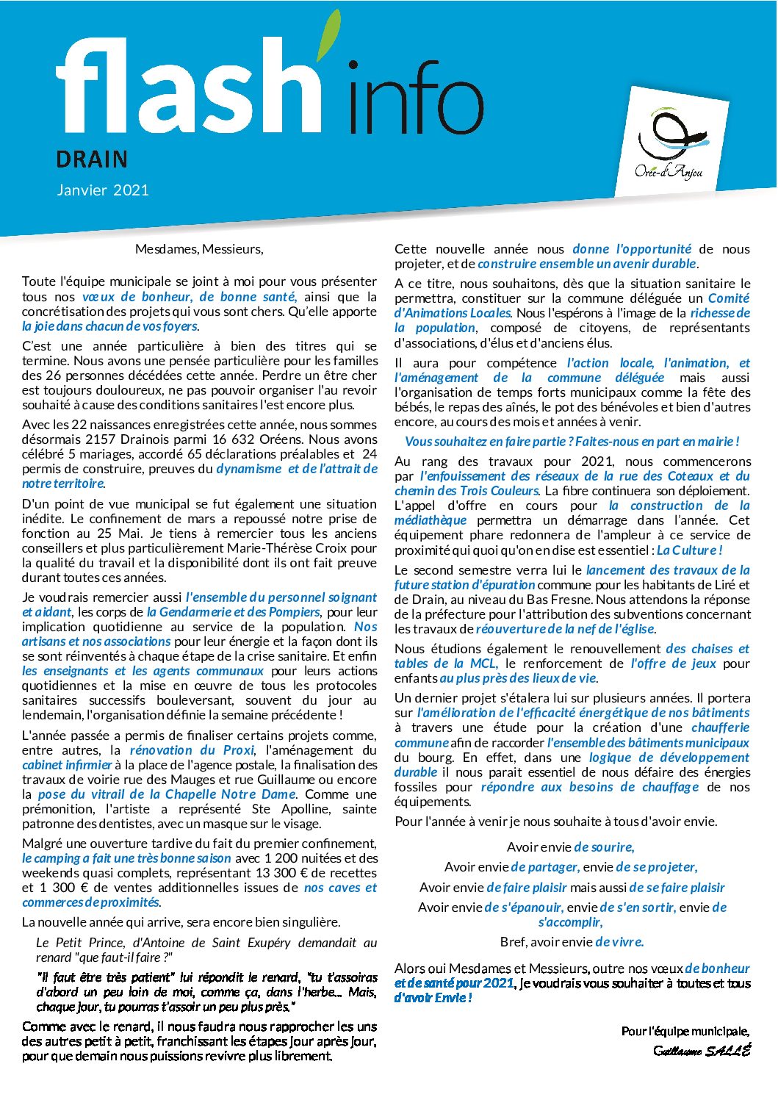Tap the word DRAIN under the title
[x=92, y=159]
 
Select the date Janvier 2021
[x=103, y=190]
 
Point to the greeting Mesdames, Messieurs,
[x=199, y=249]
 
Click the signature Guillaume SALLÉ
[x=702, y=1051]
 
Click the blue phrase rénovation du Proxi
[x=192, y=750]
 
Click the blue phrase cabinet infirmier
[x=67, y=765]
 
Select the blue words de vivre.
[x=619, y=942]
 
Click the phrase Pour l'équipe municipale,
[x=685, y=1032]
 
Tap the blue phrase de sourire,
[x=604, y=847]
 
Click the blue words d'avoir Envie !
[x=433, y=998]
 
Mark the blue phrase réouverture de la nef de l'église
[x=564, y=629]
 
